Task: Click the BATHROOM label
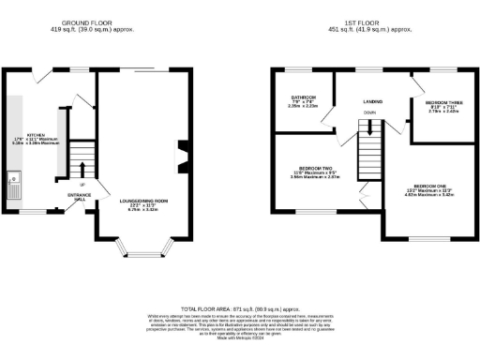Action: point(303,97)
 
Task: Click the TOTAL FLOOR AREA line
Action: point(240,308)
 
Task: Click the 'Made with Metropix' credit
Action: point(240,345)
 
